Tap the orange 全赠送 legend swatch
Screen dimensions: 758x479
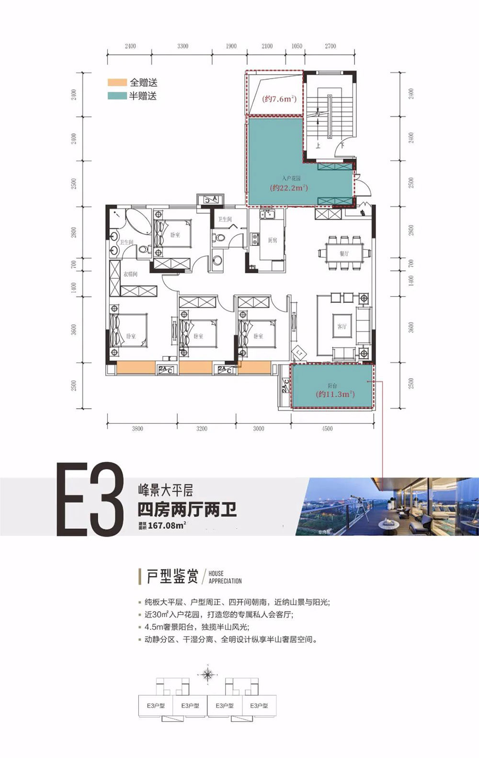click(x=117, y=83)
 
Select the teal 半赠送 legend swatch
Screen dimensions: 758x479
click(x=117, y=96)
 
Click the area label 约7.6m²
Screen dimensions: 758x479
click(x=279, y=99)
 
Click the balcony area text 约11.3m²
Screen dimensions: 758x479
click(x=335, y=394)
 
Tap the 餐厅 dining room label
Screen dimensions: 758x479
click(x=344, y=253)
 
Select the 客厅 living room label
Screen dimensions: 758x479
click(x=342, y=326)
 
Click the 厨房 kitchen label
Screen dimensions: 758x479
click(x=273, y=240)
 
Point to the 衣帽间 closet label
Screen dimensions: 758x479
click(x=130, y=274)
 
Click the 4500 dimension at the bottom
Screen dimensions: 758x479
click(x=327, y=428)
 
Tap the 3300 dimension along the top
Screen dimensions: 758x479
click(x=182, y=46)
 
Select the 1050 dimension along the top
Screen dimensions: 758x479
click(x=297, y=46)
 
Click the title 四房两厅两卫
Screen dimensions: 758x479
click(x=187, y=509)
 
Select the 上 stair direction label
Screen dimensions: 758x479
click(x=318, y=145)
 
